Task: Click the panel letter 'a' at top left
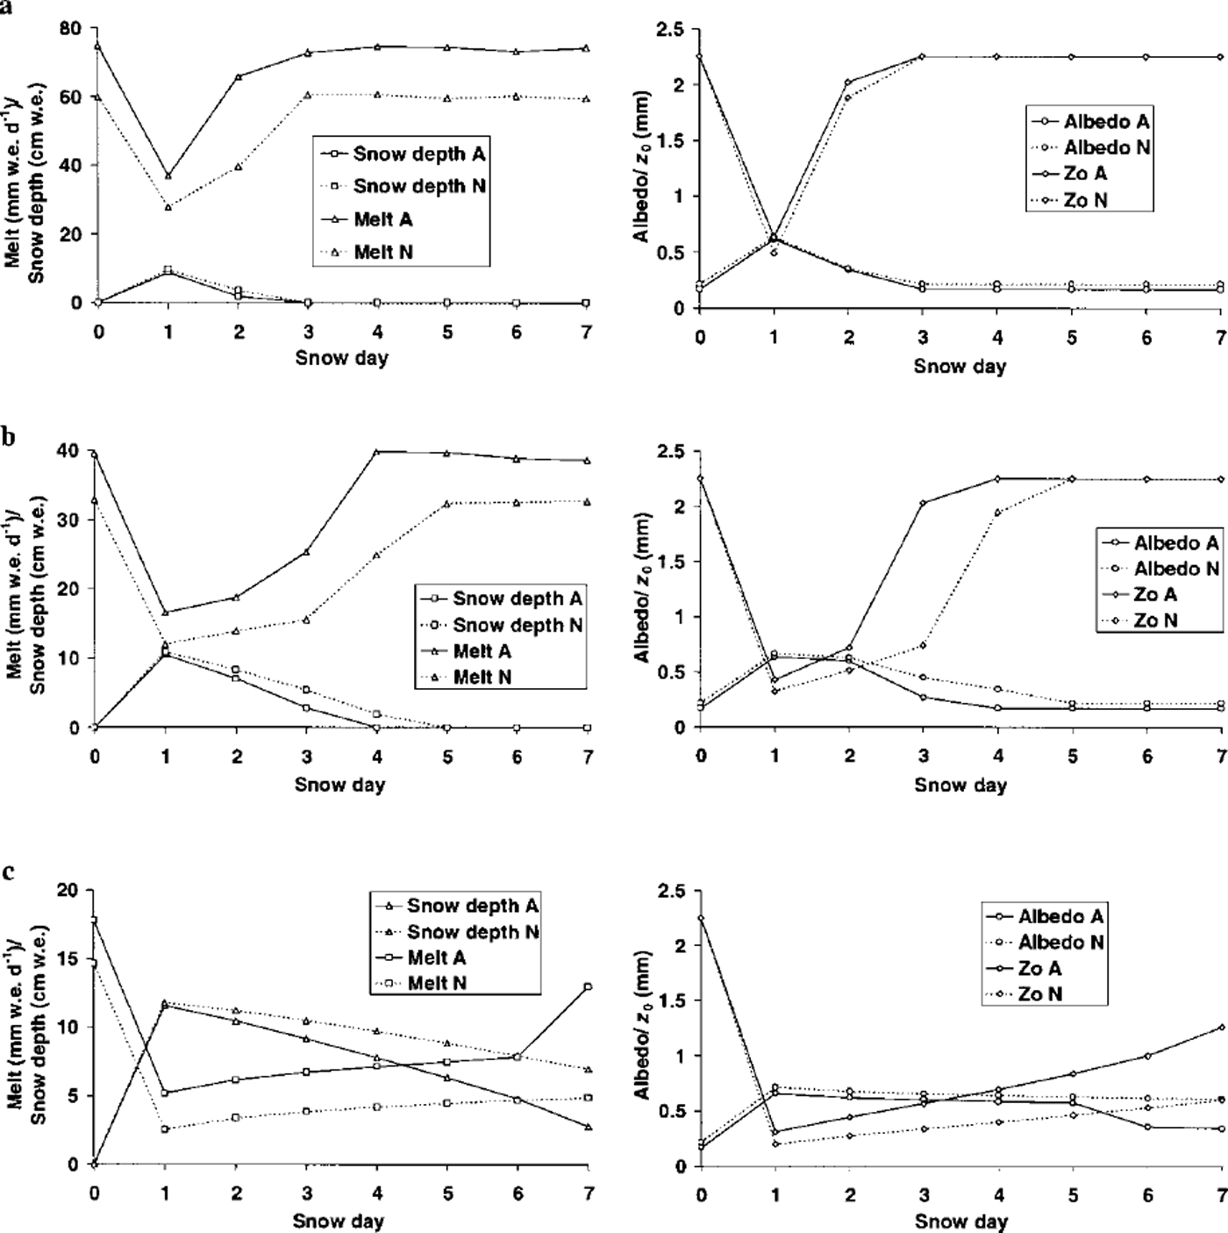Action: coord(6,6)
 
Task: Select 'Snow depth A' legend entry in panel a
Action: coord(418,154)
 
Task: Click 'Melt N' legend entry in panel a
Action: coord(383,252)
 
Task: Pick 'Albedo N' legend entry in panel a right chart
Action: coord(1106,147)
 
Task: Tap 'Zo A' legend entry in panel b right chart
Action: coord(1154,594)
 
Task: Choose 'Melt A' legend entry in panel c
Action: coord(436,957)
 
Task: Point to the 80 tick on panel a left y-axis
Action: coord(69,28)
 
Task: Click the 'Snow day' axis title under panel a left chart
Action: coord(341,357)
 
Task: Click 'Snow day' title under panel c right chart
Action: coord(960,1221)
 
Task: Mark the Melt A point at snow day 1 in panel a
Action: coord(168,176)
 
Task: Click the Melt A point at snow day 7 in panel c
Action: coord(588,986)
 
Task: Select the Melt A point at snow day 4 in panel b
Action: coord(376,451)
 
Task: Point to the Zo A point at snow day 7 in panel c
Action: coord(1221,1027)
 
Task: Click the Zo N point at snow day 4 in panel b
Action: coord(997,513)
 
